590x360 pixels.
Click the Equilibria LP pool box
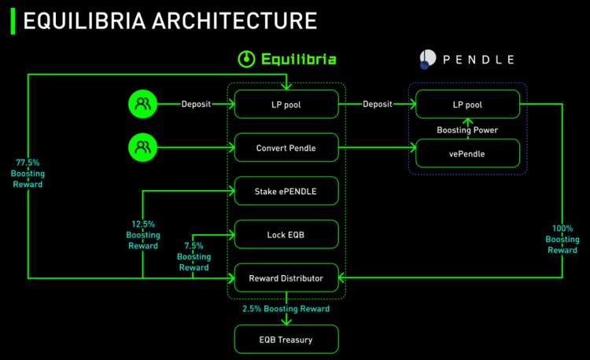point(286,104)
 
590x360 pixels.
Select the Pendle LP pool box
point(467,104)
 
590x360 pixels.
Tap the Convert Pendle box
point(286,147)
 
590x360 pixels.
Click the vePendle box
point(467,152)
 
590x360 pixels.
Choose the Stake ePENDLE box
point(286,191)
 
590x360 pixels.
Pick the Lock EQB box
point(286,234)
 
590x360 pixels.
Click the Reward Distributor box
point(286,277)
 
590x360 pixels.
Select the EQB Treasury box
point(286,339)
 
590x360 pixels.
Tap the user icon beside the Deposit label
point(143,104)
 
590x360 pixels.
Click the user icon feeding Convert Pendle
point(143,147)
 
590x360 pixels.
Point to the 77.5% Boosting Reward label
point(28,173)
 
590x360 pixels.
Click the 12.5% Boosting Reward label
point(142,234)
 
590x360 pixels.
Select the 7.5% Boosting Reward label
point(193,256)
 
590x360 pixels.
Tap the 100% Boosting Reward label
point(562,239)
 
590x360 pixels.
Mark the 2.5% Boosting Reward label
point(286,308)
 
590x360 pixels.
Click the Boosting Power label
point(467,129)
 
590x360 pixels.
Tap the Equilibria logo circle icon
point(246,58)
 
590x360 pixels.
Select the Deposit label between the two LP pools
point(377,104)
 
